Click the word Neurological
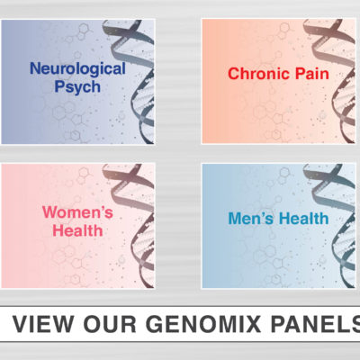tap(77, 69)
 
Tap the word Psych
tap(77, 87)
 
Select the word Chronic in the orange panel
tap(258, 74)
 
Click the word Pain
tap(312, 74)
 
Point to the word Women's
tap(77, 212)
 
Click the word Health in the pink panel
tap(77, 230)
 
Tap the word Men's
tap(251, 219)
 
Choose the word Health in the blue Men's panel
tap(304, 219)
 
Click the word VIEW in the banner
tap(43, 324)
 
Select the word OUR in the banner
tap(110, 324)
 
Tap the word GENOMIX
tap(203, 324)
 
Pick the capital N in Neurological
tap(35, 68)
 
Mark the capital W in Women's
tap(50, 212)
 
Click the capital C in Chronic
tap(234, 74)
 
